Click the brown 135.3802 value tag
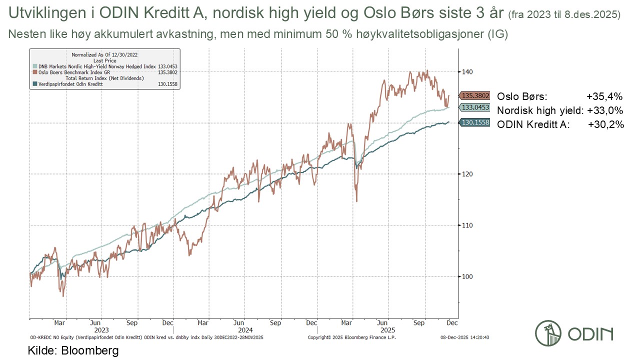475,96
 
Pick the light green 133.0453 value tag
475,107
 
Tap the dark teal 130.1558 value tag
475,122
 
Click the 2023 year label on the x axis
101,330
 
